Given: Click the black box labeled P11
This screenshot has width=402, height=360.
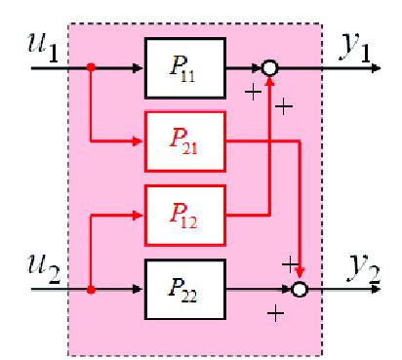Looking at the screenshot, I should (184, 69).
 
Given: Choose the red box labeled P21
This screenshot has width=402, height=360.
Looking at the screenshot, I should (184, 141).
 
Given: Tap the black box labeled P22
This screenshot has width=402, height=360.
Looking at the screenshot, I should (184, 290).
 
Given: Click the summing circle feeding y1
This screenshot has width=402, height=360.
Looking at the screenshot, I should (269, 69).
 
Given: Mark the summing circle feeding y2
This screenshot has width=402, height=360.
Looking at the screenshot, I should (300, 290).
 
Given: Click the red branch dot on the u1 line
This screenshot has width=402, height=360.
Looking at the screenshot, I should (90, 69).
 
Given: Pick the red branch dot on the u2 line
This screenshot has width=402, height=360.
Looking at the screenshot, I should (90, 290).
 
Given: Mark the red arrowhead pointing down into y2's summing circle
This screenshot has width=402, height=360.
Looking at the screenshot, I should (300, 275).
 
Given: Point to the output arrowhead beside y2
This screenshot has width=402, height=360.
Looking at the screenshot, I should (371, 290).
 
